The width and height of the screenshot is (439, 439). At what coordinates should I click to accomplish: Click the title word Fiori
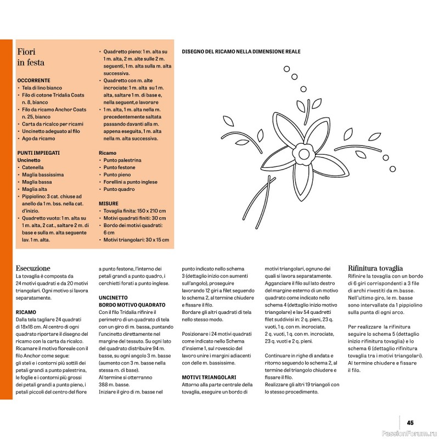click(x=27, y=52)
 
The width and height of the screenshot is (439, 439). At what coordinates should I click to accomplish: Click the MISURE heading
click(x=108, y=203)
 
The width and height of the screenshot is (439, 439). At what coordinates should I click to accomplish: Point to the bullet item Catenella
click(x=32, y=167)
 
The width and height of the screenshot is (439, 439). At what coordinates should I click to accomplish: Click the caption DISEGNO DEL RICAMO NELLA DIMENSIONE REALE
click(x=240, y=52)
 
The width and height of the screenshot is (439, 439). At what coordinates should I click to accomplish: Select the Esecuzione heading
click(x=33, y=268)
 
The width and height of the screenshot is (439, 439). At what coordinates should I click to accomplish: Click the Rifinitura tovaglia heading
click(x=378, y=268)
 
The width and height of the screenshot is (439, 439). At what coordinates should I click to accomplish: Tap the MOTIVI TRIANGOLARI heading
click(x=209, y=378)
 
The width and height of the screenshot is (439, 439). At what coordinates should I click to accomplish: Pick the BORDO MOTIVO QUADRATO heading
click(x=132, y=304)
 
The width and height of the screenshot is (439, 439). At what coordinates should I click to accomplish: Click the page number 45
click(x=410, y=423)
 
